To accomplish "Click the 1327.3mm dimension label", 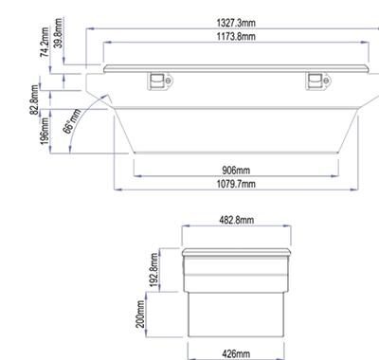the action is click(x=236, y=23).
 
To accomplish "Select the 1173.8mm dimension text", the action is click(x=236, y=36).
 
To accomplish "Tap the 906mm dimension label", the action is click(x=236, y=171).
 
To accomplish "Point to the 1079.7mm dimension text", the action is click(x=236, y=184).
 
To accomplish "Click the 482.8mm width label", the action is click(x=236, y=220).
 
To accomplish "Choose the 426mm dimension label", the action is click(x=236, y=354).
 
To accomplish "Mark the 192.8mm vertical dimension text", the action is click(x=153, y=270).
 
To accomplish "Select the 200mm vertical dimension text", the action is click(x=140, y=314).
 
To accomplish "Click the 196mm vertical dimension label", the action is click(x=45, y=132).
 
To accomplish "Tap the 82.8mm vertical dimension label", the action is click(x=34, y=99).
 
